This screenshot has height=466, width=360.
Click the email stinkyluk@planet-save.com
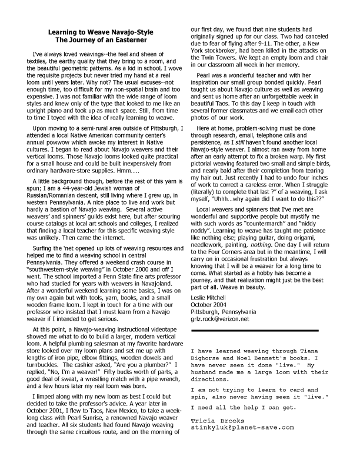pyautogui.click(x=242, y=427)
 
